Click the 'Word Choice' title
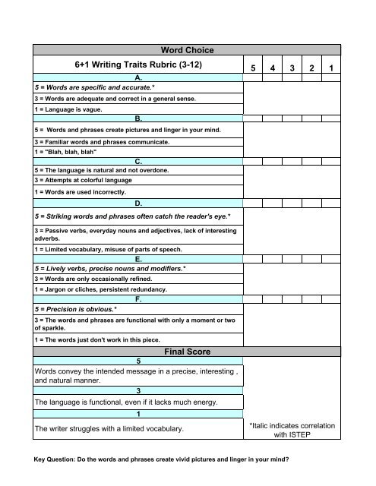coord(188,50)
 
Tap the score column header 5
coord(252,69)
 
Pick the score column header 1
coord(332,69)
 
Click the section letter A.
coord(137,78)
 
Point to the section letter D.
coord(137,204)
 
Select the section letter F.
coord(137,300)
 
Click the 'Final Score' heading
coord(188,352)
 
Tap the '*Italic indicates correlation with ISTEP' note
coord(292,431)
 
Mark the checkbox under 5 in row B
coord(252,118)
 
